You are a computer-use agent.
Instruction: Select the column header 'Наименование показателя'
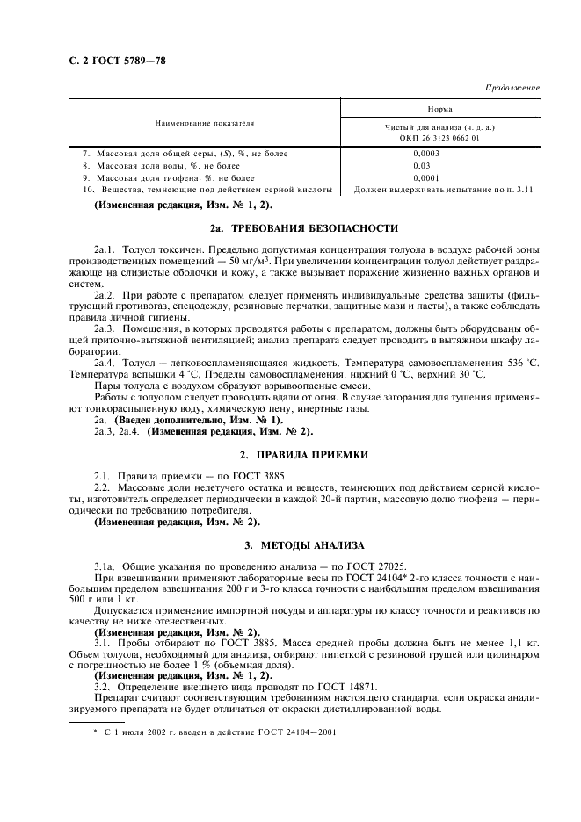205,122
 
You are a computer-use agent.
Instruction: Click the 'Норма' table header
439,109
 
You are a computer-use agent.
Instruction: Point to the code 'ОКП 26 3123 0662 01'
439,138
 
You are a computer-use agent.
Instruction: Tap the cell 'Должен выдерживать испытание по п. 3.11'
443,189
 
